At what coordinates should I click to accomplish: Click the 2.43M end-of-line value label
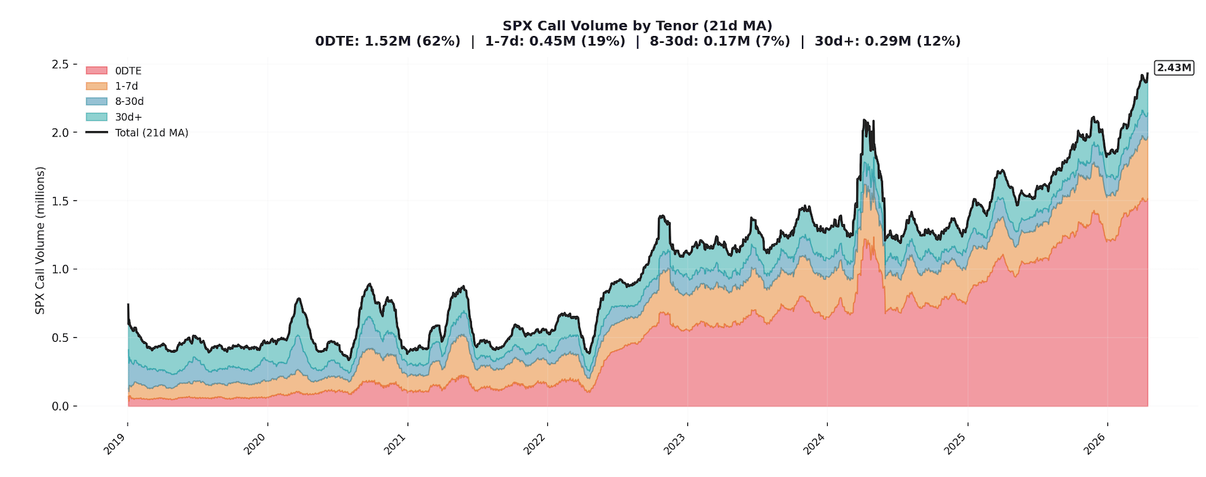pos(1174,68)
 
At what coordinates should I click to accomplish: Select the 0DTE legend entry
pos(128,71)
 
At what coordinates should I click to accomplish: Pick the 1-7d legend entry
pos(126,86)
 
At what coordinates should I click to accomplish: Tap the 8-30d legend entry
pos(129,101)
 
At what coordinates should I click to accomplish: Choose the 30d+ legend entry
pos(128,117)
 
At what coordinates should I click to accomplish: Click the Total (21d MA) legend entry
pos(151,132)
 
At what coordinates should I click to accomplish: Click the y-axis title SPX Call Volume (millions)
pos(40,241)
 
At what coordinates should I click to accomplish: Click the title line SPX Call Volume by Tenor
pos(637,26)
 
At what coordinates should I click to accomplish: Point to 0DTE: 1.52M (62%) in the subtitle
pos(388,41)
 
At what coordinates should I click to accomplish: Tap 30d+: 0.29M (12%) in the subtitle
pos(888,41)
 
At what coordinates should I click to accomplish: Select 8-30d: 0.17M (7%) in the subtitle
pos(720,41)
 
